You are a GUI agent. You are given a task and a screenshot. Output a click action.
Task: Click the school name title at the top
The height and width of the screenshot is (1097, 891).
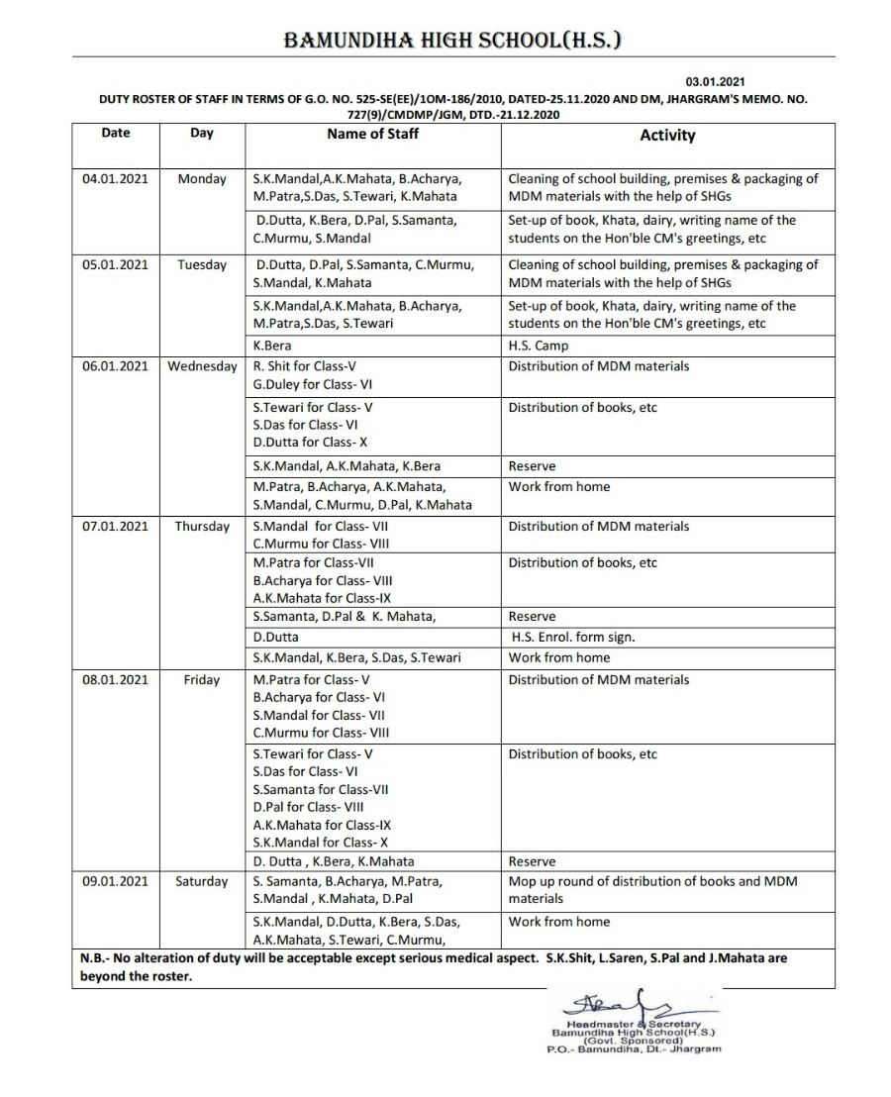(x=452, y=40)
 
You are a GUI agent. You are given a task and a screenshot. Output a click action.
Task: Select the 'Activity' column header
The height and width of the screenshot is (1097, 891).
(x=667, y=136)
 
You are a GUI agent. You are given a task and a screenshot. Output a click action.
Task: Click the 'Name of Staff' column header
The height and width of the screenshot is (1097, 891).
(x=373, y=134)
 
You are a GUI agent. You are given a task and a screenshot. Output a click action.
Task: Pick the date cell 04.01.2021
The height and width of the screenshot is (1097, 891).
(x=115, y=179)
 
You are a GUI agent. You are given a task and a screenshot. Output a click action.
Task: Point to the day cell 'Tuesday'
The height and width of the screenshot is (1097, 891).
(x=202, y=264)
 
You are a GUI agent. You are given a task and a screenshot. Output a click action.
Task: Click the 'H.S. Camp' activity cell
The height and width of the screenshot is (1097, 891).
(x=539, y=347)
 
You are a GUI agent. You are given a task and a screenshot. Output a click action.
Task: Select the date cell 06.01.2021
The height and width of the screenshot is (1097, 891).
(x=115, y=366)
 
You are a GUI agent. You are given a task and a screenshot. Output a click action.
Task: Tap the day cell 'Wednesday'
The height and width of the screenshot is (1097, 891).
(x=202, y=366)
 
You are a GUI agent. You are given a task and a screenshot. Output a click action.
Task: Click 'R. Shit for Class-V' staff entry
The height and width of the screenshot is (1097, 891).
(x=305, y=366)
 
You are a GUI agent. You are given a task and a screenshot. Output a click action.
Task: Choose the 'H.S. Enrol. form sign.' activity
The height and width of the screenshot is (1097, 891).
(x=573, y=638)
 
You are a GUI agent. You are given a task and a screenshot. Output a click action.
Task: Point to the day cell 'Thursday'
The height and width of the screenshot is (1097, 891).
(x=202, y=527)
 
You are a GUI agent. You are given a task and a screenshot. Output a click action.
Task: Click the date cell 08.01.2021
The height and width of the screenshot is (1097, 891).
(x=115, y=680)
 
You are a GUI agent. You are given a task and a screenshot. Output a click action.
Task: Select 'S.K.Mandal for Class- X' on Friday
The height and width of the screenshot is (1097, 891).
(x=321, y=843)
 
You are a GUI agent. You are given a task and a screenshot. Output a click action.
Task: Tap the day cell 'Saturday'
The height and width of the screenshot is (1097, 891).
(x=202, y=881)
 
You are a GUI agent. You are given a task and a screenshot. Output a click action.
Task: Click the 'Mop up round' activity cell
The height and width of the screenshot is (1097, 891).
(x=652, y=890)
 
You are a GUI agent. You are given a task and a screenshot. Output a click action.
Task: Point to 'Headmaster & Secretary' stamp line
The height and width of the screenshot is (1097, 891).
(x=633, y=1024)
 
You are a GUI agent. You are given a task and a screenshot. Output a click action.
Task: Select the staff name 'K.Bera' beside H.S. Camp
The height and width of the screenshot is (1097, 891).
(x=272, y=347)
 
